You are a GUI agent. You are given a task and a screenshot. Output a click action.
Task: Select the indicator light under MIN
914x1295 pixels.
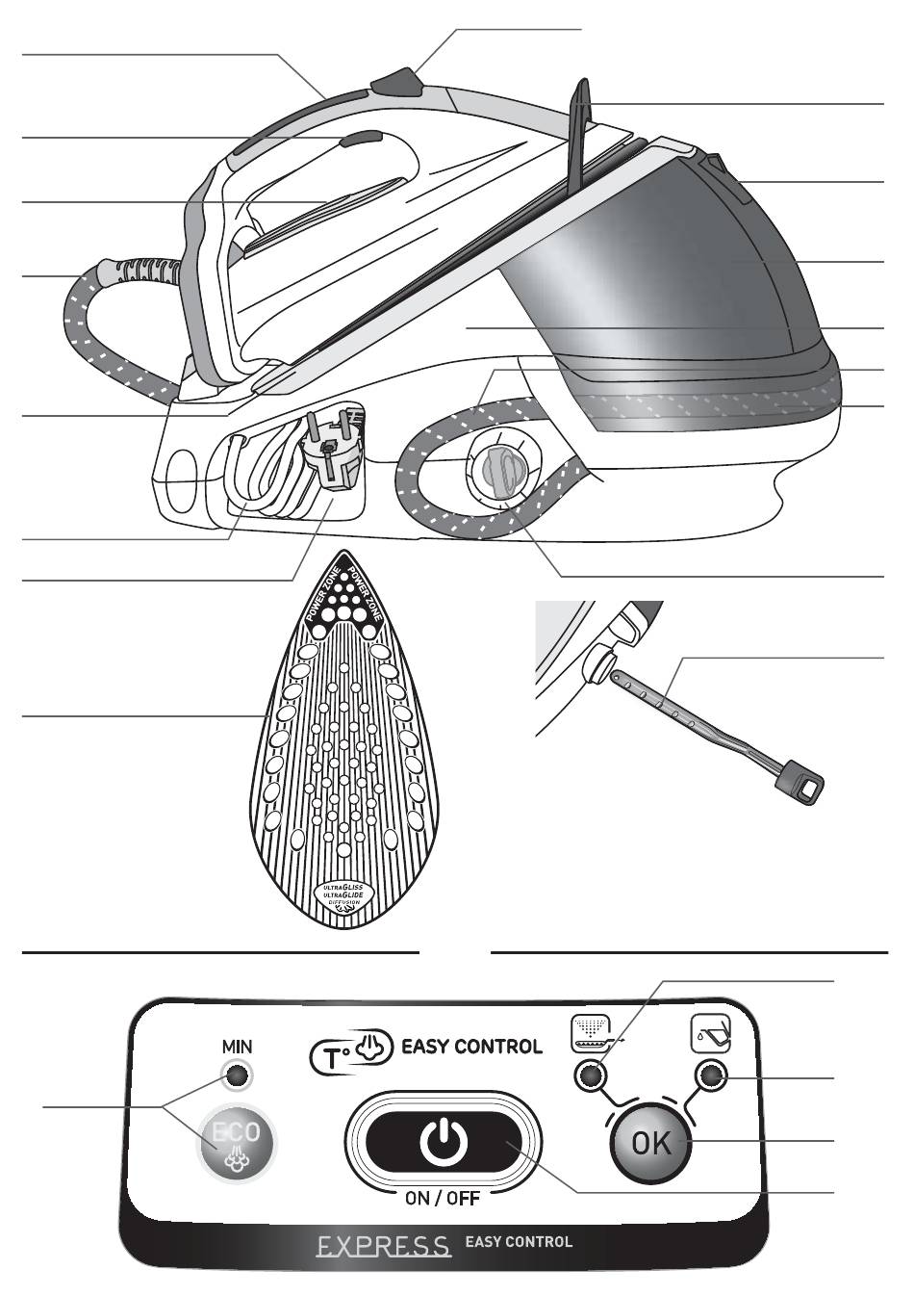click(x=237, y=1075)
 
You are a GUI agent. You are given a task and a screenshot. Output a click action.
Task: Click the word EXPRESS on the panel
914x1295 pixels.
click(x=384, y=1246)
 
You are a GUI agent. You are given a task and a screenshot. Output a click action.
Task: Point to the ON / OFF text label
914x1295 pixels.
click(x=443, y=1199)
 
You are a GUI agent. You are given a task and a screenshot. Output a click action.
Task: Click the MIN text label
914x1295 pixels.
click(x=237, y=1046)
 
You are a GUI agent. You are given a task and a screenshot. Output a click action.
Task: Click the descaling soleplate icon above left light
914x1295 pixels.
click(x=589, y=1034)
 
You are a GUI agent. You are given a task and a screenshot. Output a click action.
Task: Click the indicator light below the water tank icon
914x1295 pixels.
click(x=711, y=1075)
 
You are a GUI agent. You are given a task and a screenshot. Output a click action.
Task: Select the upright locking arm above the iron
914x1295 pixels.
click(x=579, y=135)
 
